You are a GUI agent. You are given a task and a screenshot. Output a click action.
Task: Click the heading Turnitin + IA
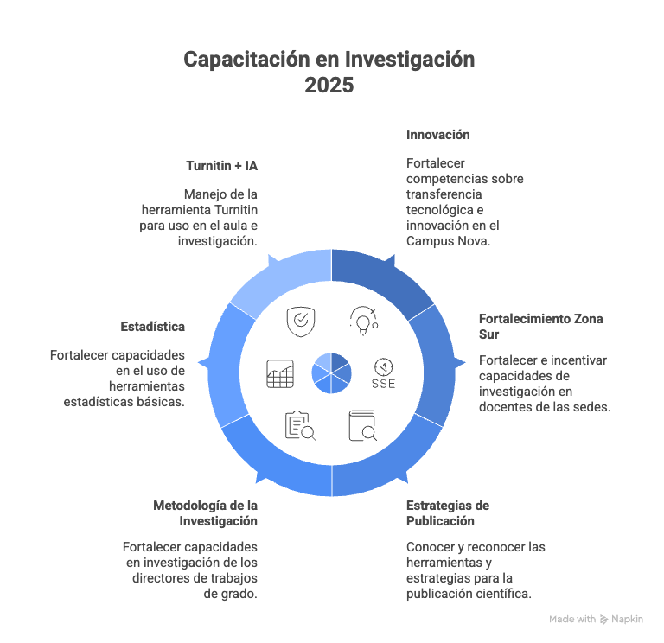tap(221, 164)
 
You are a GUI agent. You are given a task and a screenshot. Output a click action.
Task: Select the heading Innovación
tap(437, 135)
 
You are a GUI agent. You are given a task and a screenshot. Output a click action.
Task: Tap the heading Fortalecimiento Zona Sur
tap(540, 326)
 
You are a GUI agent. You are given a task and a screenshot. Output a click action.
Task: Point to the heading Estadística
tap(153, 327)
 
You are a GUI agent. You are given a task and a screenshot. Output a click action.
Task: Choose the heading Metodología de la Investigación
tap(205, 512)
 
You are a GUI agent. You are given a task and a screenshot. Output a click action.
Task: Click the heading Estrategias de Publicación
tap(448, 512)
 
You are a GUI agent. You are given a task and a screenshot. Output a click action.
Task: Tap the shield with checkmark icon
tap(300, 321)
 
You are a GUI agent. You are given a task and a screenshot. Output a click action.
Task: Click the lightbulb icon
tap(362, 321)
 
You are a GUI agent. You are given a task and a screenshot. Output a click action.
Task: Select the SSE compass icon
tap(383, 372)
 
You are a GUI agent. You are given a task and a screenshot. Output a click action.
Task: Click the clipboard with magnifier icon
tap(300, 425)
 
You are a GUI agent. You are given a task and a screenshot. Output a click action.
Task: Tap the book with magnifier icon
tap(362, 425)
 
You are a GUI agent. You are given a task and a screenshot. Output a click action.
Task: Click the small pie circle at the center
tap(331, 372)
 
